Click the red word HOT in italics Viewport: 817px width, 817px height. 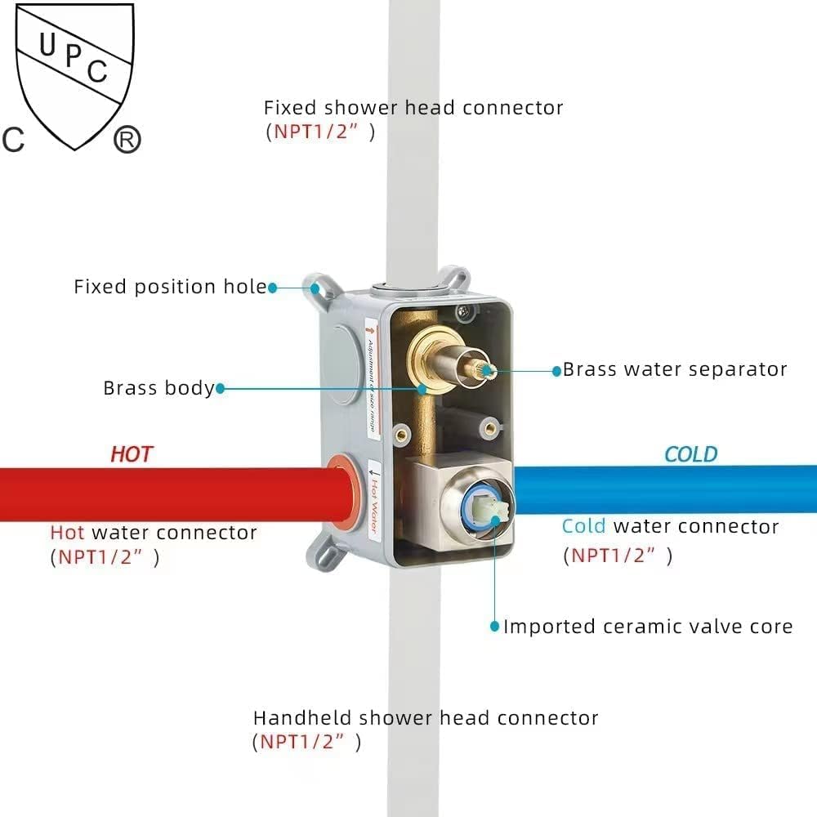[132, 454]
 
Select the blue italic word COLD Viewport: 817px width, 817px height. [690, 454]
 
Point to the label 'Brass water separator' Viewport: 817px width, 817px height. [675, 369]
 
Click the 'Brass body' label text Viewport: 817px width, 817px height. [158, 388]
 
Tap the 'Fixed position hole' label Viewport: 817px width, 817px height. [170, 287]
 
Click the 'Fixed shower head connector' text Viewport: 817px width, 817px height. [413, 108]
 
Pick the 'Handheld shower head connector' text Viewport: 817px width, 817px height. [426, 718]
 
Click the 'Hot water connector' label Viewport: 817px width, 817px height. [154, 533]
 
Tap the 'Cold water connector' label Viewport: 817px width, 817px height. [670, 526]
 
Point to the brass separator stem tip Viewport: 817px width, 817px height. [488, 370]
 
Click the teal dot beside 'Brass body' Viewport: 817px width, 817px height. [219, 389]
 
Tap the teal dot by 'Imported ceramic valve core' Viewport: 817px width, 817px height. [494, 627]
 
